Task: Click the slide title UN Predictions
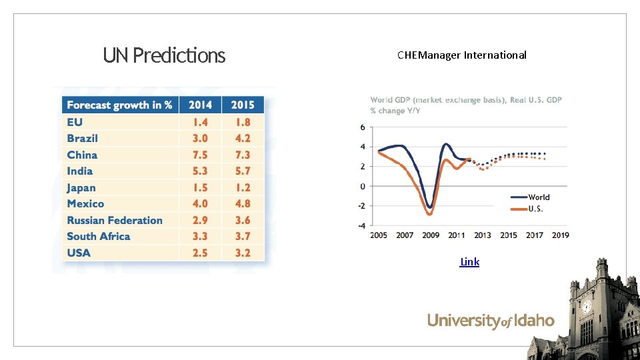(164, 55)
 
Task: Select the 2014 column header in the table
(200, 105)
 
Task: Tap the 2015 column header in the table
(243, 105)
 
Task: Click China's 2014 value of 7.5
(200, 155)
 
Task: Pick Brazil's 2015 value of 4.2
(243, 138)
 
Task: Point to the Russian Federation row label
(115, 220)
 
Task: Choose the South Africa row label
(99, 236)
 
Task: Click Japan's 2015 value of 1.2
(243, 187)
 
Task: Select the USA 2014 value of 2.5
(200, 253)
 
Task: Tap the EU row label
(75, 122)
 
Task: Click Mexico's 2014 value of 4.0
(200, 203)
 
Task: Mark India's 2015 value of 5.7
(243, 171)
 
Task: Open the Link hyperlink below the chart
(469, 262)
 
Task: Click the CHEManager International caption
(461, 55)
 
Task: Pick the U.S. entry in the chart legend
(535, 209)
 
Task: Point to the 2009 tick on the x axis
(431, 235)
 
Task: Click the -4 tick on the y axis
(361, 225)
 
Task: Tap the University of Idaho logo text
(491, 321)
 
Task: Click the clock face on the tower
(587, 307)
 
